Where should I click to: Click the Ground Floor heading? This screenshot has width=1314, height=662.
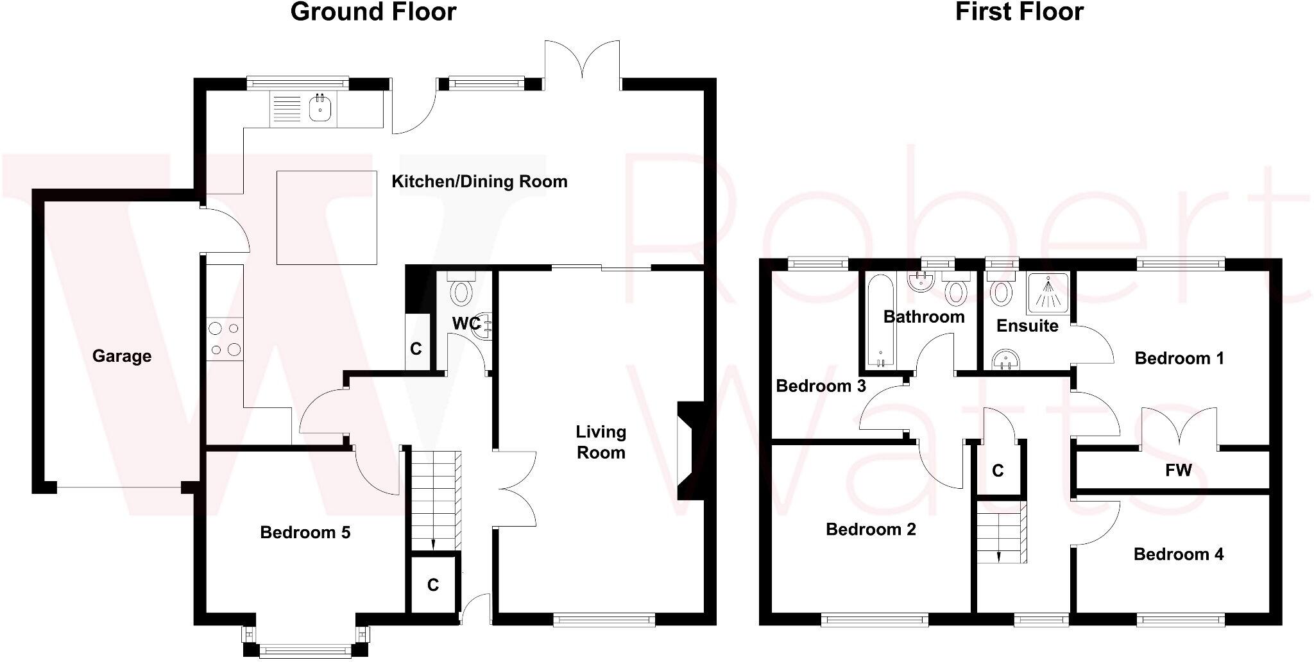coord(373,12)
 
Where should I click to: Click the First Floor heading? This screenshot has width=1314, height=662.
coord(1019,12)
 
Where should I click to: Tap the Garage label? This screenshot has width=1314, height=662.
coord(122,356)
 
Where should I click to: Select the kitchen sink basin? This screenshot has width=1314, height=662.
coord(320,109)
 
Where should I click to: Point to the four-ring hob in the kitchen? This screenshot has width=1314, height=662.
coord(225,339)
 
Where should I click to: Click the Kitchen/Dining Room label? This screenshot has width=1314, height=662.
coord(479,182)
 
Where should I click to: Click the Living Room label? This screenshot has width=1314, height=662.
coord(601,442)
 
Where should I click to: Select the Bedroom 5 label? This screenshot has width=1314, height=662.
coord(305,532)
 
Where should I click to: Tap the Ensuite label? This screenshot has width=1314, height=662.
coord(1027,326)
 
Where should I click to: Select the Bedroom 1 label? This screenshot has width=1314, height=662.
coord(1179,358)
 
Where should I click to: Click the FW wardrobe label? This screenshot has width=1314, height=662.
coord(1178,471)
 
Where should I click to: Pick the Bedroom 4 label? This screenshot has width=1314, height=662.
coord(1179,554)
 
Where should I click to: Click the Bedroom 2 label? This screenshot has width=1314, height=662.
coord(871,529)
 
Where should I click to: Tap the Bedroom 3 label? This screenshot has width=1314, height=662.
coord(821,386)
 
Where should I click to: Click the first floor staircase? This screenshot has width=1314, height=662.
coord(1001,530)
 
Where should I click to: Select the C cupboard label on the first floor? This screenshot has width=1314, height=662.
coord(997,471)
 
